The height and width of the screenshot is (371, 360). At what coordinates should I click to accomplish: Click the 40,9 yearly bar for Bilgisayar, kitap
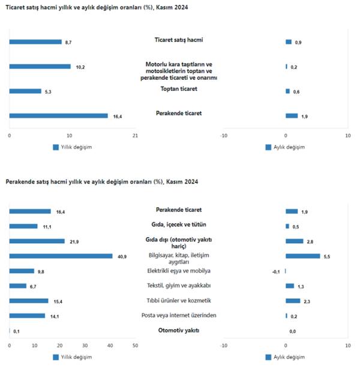(x=61, y=256)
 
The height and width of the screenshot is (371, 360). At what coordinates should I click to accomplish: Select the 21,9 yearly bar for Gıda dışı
(x=37, y=241)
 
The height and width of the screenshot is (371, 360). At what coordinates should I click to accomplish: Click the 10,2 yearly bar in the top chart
(x=40, y=67)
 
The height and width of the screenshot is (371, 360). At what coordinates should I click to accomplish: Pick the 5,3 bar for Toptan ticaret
(x=25, y=91)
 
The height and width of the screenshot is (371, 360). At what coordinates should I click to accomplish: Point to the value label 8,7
(x=68, y=42)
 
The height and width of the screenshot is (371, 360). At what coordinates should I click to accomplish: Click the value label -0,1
(x=277, y=271)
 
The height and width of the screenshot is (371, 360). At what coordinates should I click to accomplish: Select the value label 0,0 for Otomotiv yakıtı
(x=293, y=331)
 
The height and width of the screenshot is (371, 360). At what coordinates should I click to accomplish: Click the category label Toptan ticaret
(x=179, y=89)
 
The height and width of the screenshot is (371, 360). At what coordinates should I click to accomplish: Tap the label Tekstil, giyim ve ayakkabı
(x=179, y=285)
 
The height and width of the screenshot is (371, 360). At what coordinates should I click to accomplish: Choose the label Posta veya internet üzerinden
(x=179, y=315)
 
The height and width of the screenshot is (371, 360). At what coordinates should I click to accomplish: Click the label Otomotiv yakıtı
(x=179, y=330)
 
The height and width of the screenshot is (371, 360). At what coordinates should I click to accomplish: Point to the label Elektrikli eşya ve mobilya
(x=179, y=270)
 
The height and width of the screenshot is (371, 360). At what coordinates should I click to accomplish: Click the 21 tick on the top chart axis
(x=134, y=135)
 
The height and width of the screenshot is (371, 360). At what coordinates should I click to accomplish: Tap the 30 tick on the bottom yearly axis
(x=85, y=345)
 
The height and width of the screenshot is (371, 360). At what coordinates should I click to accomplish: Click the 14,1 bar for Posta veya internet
(x=27, y=316)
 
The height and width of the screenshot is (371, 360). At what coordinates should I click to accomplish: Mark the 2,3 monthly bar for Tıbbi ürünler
(x=293, y=301)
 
